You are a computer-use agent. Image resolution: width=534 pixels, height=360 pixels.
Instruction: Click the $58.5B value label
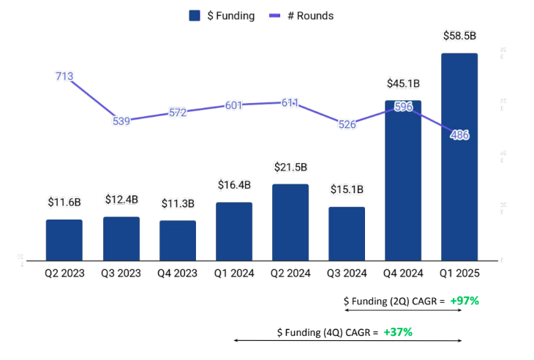(x=460, y=35)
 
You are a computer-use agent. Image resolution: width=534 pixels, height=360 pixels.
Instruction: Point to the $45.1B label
(x=403, y=83)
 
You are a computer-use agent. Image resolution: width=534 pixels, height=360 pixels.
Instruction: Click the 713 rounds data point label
(x=64, y=76)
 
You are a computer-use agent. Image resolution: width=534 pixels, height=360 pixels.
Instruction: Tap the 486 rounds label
(x=460, y=135)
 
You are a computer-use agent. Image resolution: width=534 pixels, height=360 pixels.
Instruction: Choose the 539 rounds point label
(x=121, y=121)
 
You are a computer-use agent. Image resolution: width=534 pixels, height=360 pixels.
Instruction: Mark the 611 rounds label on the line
(x=290, y=103)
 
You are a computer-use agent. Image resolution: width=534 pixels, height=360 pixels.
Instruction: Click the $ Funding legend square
(x=195, y=15)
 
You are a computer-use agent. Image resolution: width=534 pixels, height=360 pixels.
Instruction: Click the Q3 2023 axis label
(x=121, y=274)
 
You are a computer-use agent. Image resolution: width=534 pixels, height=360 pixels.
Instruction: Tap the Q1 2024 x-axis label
(x=234, y=274)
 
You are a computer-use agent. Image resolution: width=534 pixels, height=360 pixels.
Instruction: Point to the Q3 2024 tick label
(x=347, y=274)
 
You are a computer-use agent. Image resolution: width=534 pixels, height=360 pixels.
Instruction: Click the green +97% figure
(x=465, y=301)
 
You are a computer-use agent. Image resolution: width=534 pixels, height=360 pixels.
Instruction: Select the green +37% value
(x=398, y=331)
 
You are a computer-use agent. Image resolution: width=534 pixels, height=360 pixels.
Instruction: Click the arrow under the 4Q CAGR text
(x=347, y=341)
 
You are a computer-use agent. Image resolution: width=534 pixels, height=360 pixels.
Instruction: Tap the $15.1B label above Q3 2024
(x=347, y=190)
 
